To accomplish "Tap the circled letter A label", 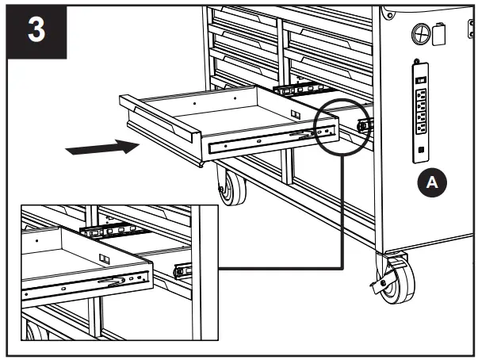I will click(x=431, y=182).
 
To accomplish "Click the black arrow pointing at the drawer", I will click(x=98, y=147).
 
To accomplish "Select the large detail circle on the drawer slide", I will click(x=341, y=126).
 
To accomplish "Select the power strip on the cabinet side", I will click(x=421, y=110).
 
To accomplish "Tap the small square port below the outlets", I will click(x=421, y=147).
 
